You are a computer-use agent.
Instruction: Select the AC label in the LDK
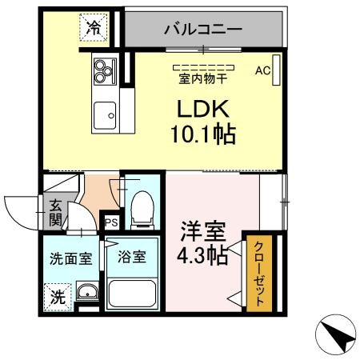pos(263,70)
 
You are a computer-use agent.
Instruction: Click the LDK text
pos(202,109)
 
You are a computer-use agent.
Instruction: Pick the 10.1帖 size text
pos(202,135)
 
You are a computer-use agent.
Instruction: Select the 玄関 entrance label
pos(55,210)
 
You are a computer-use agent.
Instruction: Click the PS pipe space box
pos(110,222)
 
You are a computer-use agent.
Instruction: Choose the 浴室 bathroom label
pos(132,258)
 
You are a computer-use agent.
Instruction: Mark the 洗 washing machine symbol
pos(57,296)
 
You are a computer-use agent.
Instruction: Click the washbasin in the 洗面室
pos(87,291)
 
